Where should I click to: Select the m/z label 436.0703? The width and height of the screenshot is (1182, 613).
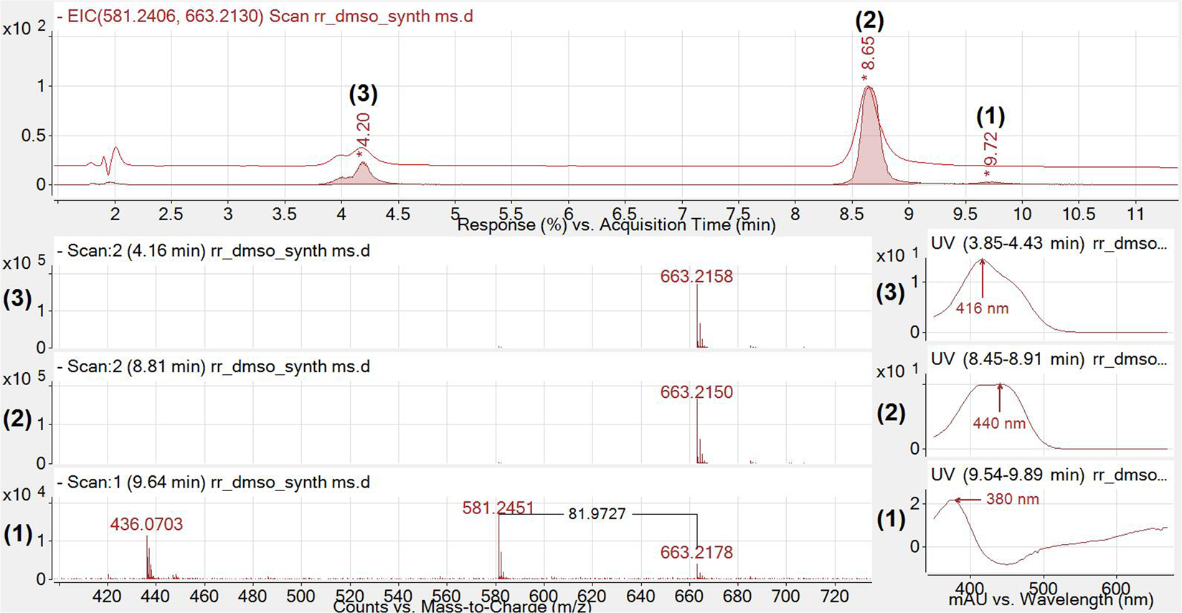[146, 524]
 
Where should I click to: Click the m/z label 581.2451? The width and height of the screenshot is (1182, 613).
[498, 508]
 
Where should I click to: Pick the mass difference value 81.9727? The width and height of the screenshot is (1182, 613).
[597, 514]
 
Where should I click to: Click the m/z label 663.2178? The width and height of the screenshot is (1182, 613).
[696, 553]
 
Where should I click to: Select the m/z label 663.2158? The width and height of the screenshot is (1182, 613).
[696, 277]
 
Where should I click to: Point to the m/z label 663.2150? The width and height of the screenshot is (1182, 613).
[696, 392]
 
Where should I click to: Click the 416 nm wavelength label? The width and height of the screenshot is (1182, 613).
[982, 309]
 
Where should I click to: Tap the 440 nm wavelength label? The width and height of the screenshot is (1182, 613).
[999, 424]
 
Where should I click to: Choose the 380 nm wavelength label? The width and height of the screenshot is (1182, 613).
[1012, 499]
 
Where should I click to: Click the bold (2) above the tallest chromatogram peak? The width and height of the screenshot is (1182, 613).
[869, 21]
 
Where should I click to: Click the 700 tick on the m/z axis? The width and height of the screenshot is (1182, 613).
[786, 596]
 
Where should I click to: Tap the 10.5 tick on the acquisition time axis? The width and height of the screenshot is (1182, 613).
[1079, 214]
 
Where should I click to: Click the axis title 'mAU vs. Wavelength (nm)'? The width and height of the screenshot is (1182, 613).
[1051, 599]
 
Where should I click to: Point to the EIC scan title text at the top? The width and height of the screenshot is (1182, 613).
[270, 16]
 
